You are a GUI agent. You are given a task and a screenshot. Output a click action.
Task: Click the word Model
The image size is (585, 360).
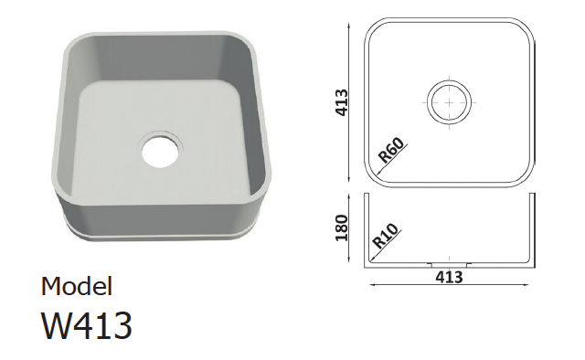coord(77,287)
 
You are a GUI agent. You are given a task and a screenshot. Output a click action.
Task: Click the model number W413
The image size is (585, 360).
coord(87,325)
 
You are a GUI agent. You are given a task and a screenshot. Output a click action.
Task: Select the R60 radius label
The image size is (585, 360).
coord(391,151)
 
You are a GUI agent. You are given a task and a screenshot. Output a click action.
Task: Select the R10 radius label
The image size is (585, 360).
coord(386,237)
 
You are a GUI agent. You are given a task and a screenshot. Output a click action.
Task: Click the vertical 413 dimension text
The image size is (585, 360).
coord(342,102)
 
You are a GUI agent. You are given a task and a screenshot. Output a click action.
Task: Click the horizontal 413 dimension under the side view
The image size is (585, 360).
coord(449,277)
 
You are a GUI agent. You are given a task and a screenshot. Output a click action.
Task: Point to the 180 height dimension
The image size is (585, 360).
coord(341,228)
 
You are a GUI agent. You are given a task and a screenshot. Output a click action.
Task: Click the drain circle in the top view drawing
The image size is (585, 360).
coord(449,102)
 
